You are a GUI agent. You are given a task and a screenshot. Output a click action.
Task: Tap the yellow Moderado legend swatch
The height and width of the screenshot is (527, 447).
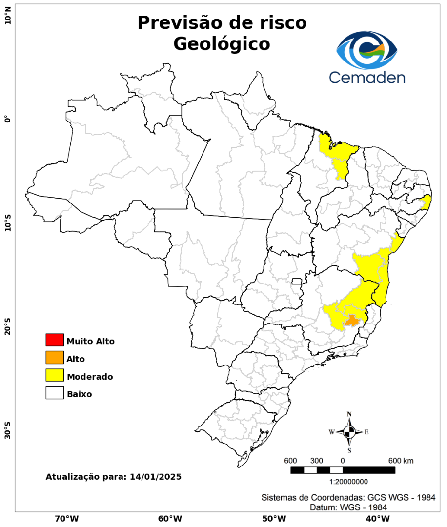(55, 375)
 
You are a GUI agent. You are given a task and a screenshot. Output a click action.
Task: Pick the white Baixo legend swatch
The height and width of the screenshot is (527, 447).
(55, 393)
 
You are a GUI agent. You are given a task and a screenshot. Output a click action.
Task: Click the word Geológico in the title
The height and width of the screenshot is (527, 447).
(222, 44)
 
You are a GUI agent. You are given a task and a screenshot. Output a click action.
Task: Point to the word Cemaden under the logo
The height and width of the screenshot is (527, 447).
(366, 77)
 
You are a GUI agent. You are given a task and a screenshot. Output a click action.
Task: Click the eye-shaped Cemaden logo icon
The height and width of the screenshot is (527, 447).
(367, 50)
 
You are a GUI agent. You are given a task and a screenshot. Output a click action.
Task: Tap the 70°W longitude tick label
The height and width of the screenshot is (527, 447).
(66, 518)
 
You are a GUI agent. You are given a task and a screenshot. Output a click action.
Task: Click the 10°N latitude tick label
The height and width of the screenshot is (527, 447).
(7, 19)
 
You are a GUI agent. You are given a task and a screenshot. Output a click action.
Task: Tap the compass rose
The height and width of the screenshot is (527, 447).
(349, 432)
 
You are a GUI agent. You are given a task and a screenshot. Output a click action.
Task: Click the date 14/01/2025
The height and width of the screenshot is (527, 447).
(156, 477)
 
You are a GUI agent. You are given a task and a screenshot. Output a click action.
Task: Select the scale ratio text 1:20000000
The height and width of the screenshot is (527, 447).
(349, 482)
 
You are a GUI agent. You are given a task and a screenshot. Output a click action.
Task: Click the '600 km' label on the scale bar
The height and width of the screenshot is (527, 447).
(401, 461)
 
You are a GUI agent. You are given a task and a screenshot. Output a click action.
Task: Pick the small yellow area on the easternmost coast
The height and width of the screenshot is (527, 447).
(427, 202)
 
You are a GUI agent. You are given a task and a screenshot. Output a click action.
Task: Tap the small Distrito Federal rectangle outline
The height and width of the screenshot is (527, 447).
(297, 281)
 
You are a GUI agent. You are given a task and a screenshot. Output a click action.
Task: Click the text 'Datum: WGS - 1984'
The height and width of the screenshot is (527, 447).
(348, 507)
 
